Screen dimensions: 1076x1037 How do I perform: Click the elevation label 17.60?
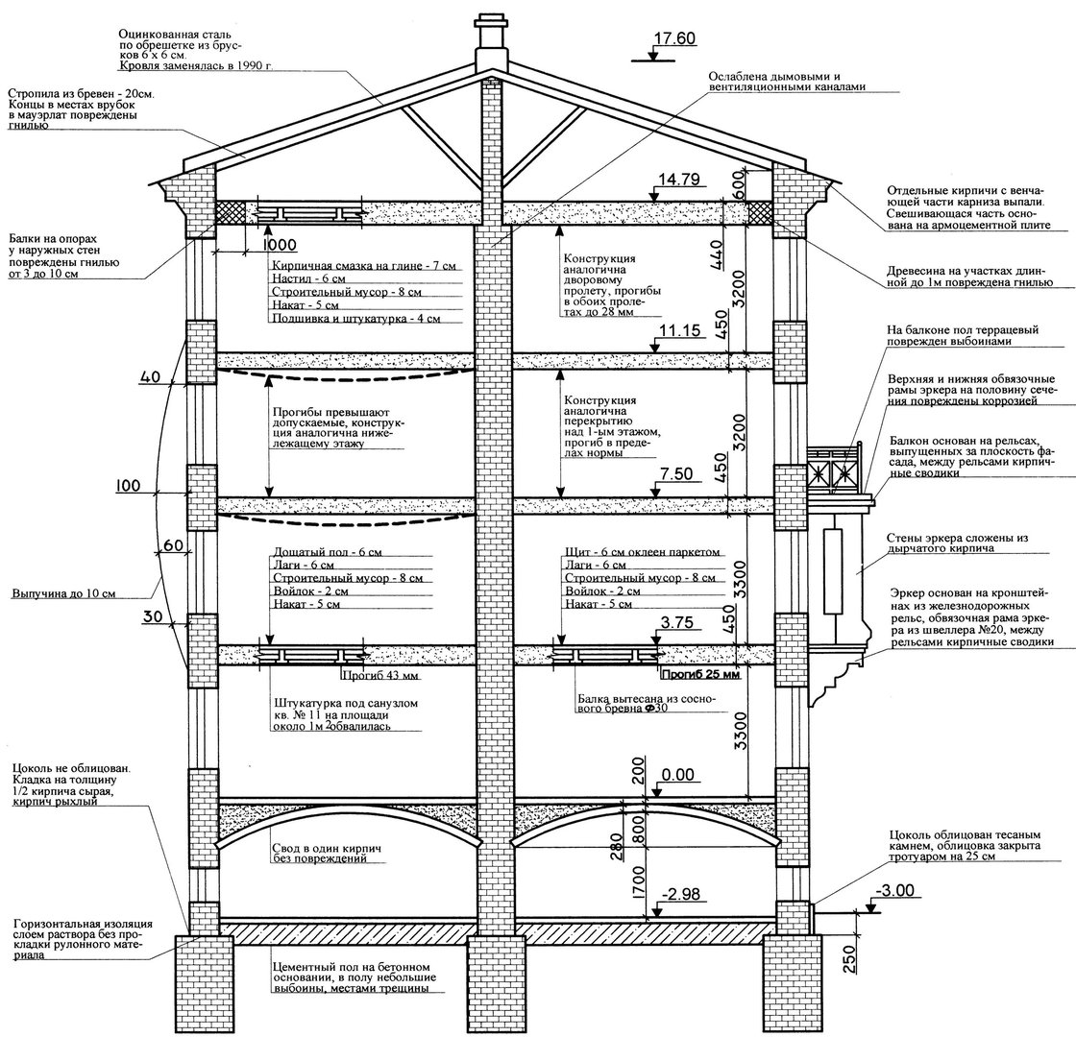coord(673,37)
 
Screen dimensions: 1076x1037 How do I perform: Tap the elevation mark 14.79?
coord(678,180)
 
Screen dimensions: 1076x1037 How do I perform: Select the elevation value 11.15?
coord(679,330)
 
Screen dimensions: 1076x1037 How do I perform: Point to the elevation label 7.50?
coord(676,474)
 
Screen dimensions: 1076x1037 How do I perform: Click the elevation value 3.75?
coord(676,623)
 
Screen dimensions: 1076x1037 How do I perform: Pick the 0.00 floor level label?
coord(677,775)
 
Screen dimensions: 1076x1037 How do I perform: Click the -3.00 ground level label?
coord(894,890)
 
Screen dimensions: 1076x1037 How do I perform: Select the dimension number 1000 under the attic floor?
coord(280,245)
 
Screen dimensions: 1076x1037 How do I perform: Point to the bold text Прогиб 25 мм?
coord(700,674)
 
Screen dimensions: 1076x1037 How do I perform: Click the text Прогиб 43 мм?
coord(379,676)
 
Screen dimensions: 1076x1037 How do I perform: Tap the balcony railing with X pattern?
coord(833,471)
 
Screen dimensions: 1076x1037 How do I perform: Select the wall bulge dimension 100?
coord(128,486)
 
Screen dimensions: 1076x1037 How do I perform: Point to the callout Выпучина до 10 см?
coord(63,593)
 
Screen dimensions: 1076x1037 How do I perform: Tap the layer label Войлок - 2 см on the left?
coord(310,591)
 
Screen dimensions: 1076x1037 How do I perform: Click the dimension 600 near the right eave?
coord(738,183)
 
